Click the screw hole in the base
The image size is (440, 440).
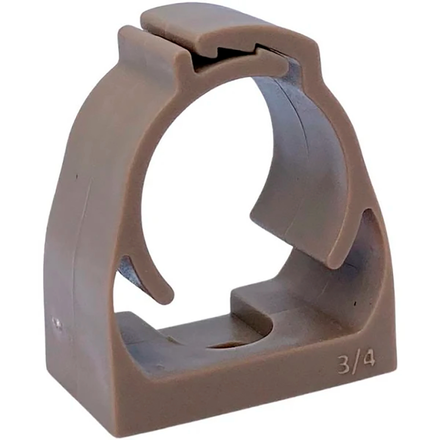tap(227, 344)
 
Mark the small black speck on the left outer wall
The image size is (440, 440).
tap(76, 177)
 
